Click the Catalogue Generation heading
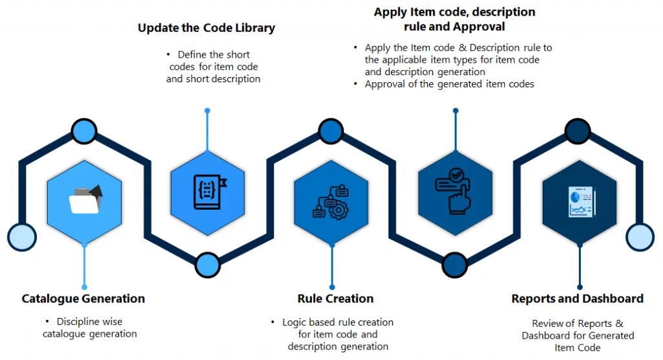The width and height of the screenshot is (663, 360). [83, 298]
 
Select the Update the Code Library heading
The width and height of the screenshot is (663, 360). [206, 28]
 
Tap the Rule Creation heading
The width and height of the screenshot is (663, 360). [335, 298]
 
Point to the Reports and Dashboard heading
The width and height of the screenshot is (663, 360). [577, 298]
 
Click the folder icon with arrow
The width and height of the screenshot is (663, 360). [85, 199]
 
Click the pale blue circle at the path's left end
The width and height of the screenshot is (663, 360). [21, 237]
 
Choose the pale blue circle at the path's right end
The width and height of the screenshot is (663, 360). [640, 237]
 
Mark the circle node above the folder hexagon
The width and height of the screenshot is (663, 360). [84, 131]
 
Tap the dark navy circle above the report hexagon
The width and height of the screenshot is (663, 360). [579, 131]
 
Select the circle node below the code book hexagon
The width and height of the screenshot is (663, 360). [207, 264]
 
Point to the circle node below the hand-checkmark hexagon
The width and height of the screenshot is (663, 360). [455, 264]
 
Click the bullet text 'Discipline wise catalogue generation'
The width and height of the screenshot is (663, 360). [89, 328]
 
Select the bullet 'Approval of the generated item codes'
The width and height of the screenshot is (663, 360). [449, 84]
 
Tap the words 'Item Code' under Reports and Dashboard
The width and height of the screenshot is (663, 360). [578, 348]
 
